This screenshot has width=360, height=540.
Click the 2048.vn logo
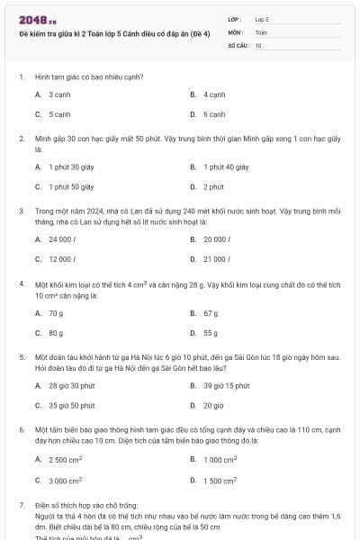coord(38,20)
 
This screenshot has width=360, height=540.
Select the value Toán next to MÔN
coord(261,31)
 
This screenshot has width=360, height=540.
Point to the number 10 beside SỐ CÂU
coord(258,44)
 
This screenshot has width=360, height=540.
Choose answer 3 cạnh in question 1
coord(59,94)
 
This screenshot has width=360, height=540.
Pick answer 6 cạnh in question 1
coord(214,114)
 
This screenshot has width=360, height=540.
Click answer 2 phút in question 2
coord(213,186)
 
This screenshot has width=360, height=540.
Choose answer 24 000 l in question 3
coord(61,238)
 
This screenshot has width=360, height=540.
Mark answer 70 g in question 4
coord(56,312)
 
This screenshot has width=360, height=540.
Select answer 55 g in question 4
coord(211,333)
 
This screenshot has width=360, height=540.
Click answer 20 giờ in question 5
coord(213,405)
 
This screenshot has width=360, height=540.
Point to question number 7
coord(21,506)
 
